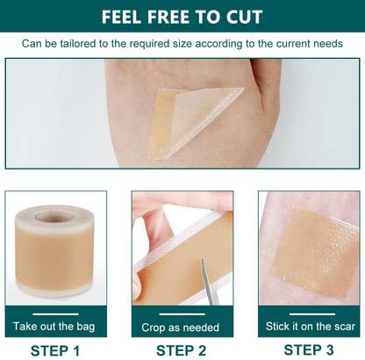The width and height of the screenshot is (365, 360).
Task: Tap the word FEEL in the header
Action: tap(126, 17)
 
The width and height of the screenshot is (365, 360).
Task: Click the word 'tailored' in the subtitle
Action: tap(92, 43)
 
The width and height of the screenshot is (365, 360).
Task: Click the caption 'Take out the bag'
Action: tap(54, 327)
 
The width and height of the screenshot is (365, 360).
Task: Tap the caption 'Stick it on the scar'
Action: tap(310, 327)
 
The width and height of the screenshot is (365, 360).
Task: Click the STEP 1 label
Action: tap(54, 350)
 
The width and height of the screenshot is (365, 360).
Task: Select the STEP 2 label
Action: tap(182, 350)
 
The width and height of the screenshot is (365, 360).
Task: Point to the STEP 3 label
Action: tap(310, 350)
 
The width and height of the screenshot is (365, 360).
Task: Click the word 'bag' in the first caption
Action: tap(85, 327)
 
